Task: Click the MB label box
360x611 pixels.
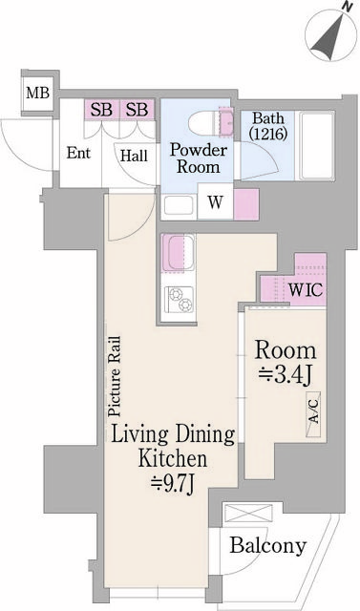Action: point(38,94)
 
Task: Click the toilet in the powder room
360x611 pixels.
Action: point(203,121)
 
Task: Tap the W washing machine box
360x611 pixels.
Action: point(215,201)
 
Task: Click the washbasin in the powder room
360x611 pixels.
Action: point(180,203)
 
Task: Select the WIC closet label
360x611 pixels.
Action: point(304,287)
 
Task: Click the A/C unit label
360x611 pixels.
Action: point(314,417)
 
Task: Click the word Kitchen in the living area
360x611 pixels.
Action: point(173,460)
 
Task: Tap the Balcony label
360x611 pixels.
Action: point(268,546)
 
